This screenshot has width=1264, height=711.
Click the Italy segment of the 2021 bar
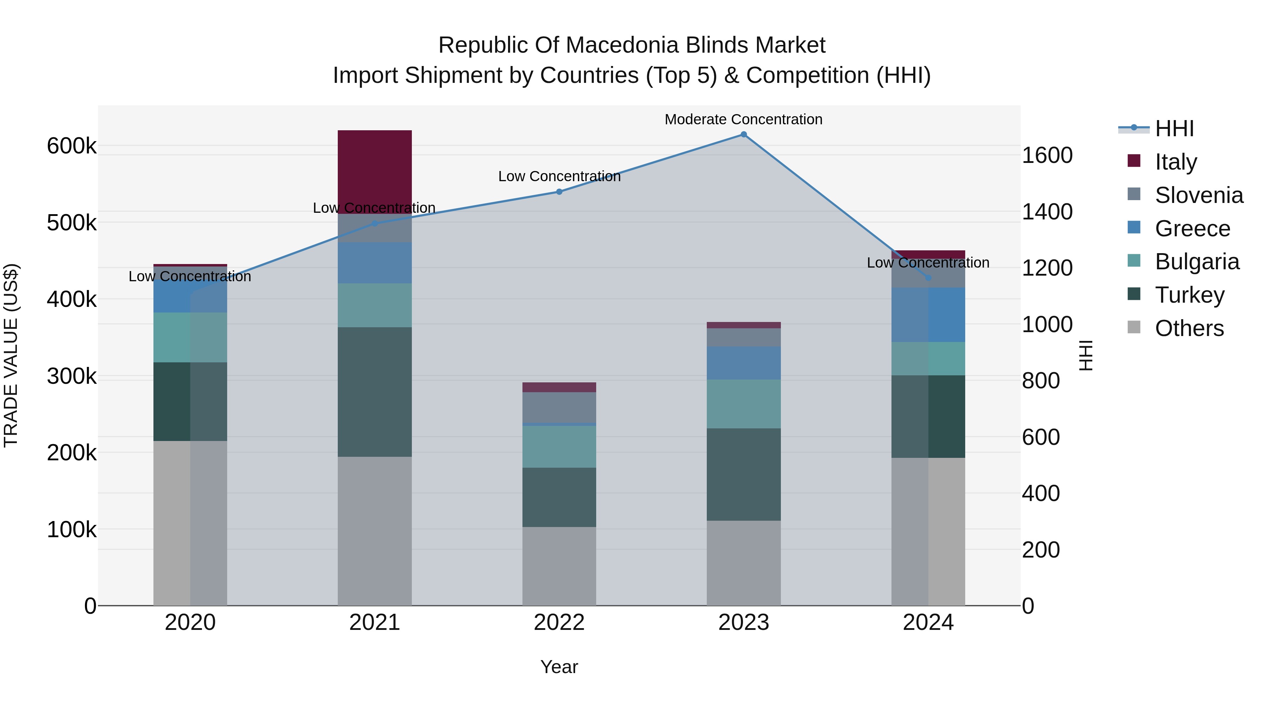pos(374,172)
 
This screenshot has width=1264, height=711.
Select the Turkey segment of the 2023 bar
pos(743,474)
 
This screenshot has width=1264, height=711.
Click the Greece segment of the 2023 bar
pos(743,363)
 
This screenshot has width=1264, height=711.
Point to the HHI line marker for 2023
pos(743,134)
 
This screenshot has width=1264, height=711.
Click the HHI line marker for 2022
pos(559,192)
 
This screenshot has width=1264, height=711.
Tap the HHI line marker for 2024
pos(928,278)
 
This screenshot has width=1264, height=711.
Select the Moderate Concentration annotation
pos(743,119)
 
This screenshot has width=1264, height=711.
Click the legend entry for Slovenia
pos(1199,195)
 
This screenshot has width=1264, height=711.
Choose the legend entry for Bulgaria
pos(1197,262)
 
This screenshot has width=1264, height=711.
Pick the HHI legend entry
pos(1174,129)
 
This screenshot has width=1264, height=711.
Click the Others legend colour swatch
pos(1134,327)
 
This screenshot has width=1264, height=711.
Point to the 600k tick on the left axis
pos(72,146)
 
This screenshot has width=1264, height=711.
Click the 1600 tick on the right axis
pos(1047,156)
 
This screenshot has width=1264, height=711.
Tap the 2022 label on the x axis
pos(559,623)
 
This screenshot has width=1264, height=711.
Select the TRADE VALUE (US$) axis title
pos(11,355)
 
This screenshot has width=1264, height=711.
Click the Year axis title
pos(559,667)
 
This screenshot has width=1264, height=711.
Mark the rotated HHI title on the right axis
pos(1086,355)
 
